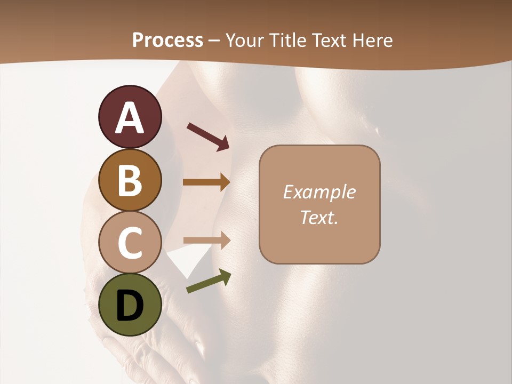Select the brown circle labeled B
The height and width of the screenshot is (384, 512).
[x=130, y=180]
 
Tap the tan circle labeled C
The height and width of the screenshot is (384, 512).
[x=130, y=243]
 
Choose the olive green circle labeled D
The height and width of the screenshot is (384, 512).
[x=130, y=305]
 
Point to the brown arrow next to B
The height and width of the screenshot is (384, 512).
[x=206, y=182]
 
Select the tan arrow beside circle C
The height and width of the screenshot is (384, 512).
[x=207, y=241]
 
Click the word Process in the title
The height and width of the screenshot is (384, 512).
[x=167, y=40]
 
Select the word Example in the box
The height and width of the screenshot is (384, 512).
[x=319, y=192]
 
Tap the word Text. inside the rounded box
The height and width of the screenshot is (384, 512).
[x=319, y=217]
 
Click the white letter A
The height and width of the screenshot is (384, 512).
[x=130, y=117]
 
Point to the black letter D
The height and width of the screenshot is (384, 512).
[x=130, y=306]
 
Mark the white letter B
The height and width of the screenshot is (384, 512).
[x=130, y=180]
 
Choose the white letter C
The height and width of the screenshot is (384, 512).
[x=130, y=243]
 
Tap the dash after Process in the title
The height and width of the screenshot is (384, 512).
[x=214, y=41]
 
